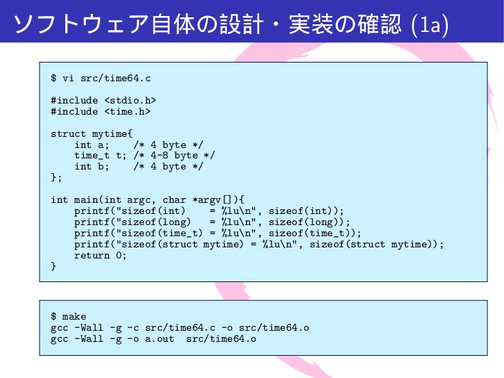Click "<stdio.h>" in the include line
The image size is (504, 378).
(x=130, y=100)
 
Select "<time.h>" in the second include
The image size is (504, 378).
(x=127, y=111)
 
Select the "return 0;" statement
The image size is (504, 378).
(x=101, y=256)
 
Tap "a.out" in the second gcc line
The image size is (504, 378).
(x=160, y=339)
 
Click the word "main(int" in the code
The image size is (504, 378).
(x=97, y=200)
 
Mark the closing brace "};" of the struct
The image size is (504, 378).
(x=56, y=178)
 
